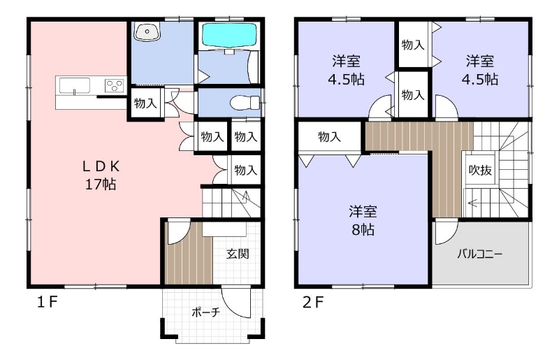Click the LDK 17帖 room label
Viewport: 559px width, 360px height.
[x=101, y=175]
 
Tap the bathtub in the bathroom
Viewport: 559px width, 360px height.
[x=229, y=36]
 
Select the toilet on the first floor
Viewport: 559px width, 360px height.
[x=246, y=103]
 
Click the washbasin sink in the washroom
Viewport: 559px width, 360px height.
[x=147, y=31]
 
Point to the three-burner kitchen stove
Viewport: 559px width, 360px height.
[x=114, y=85]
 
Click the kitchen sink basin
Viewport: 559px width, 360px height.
[x=75, y=85]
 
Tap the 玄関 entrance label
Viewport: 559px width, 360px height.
[x=238, y=254]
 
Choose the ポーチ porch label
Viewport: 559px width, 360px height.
[x=205, y=312]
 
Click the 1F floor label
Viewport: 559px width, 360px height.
[x=48, y=303]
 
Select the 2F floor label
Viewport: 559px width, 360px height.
[x=313, y=303]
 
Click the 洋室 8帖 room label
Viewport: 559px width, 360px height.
[x=363, y=221]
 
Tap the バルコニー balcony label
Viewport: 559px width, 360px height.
[x=480, y=254]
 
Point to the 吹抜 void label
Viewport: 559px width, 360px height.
[x=480, y=170]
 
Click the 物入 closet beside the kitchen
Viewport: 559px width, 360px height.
[x=145, y=103]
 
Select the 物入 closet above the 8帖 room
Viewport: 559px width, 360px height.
[x=329, y=136]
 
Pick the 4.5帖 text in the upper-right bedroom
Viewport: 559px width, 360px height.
[x=480, y=79]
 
